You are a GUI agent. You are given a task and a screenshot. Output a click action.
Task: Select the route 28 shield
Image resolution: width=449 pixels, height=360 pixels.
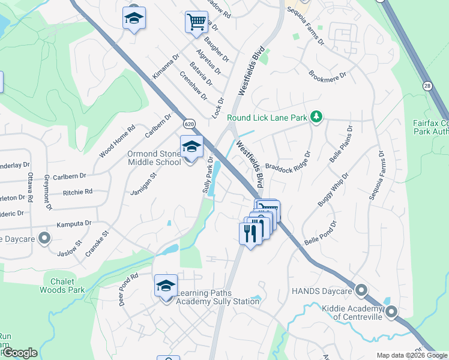click(427, 86)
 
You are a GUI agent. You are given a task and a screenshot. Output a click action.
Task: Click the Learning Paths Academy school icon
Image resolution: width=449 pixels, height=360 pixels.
click(166, 286)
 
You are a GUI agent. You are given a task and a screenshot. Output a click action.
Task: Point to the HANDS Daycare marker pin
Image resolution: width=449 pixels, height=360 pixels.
click(361, 291)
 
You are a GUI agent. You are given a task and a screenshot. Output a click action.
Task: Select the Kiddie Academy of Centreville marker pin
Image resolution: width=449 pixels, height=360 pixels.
click(391, 311)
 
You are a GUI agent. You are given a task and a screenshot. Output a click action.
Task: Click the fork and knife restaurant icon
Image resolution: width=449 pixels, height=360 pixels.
click(250, 233)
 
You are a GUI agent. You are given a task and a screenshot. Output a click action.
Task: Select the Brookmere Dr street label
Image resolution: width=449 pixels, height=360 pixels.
click(327, 76)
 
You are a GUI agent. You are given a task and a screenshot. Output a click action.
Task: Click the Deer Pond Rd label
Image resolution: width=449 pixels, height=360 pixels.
click(128, 289)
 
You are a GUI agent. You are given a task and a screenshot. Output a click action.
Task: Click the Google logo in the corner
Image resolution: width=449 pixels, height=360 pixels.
click(20, 353)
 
